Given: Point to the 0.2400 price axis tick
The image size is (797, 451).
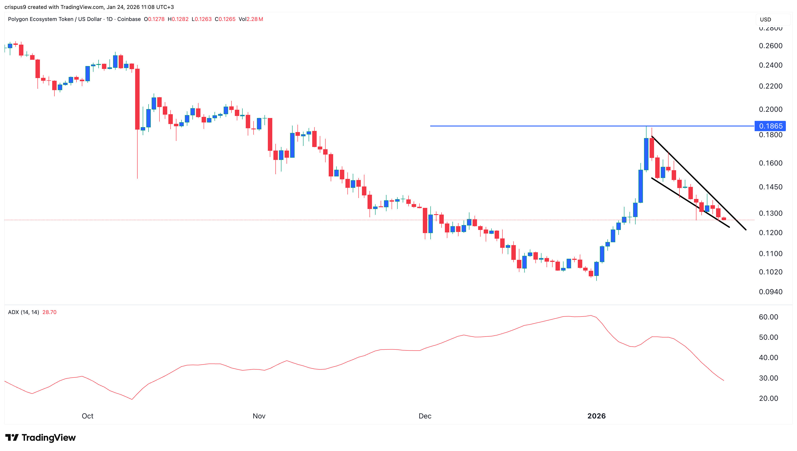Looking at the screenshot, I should pos(770,65).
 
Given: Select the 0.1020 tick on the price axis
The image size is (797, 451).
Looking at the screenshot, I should pos(770,272).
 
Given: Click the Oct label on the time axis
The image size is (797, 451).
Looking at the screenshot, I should pos(87,416).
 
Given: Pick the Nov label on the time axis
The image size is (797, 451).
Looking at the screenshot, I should pos(259,416).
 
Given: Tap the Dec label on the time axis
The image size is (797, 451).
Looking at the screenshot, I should pos(425,416).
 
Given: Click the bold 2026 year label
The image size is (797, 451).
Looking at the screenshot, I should pos(596,416).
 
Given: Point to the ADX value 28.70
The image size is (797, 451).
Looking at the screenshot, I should pos(49,312).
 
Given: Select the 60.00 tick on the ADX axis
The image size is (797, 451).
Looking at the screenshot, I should pos(768,317).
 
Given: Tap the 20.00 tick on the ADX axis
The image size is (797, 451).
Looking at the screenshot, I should pos(768,398).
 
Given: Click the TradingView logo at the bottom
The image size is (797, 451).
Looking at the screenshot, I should pos(41,437).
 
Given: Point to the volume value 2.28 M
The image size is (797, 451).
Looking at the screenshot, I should pos(254,19).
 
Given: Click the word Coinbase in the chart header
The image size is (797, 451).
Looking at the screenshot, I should pos(129,19).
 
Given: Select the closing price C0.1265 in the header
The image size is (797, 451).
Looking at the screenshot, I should pos(225,19).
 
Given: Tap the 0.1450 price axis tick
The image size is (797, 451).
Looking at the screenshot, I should pos(770,187).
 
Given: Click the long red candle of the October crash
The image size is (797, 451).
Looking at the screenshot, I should pos(137,99).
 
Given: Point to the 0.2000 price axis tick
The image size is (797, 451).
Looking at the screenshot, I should pos(770,109).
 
